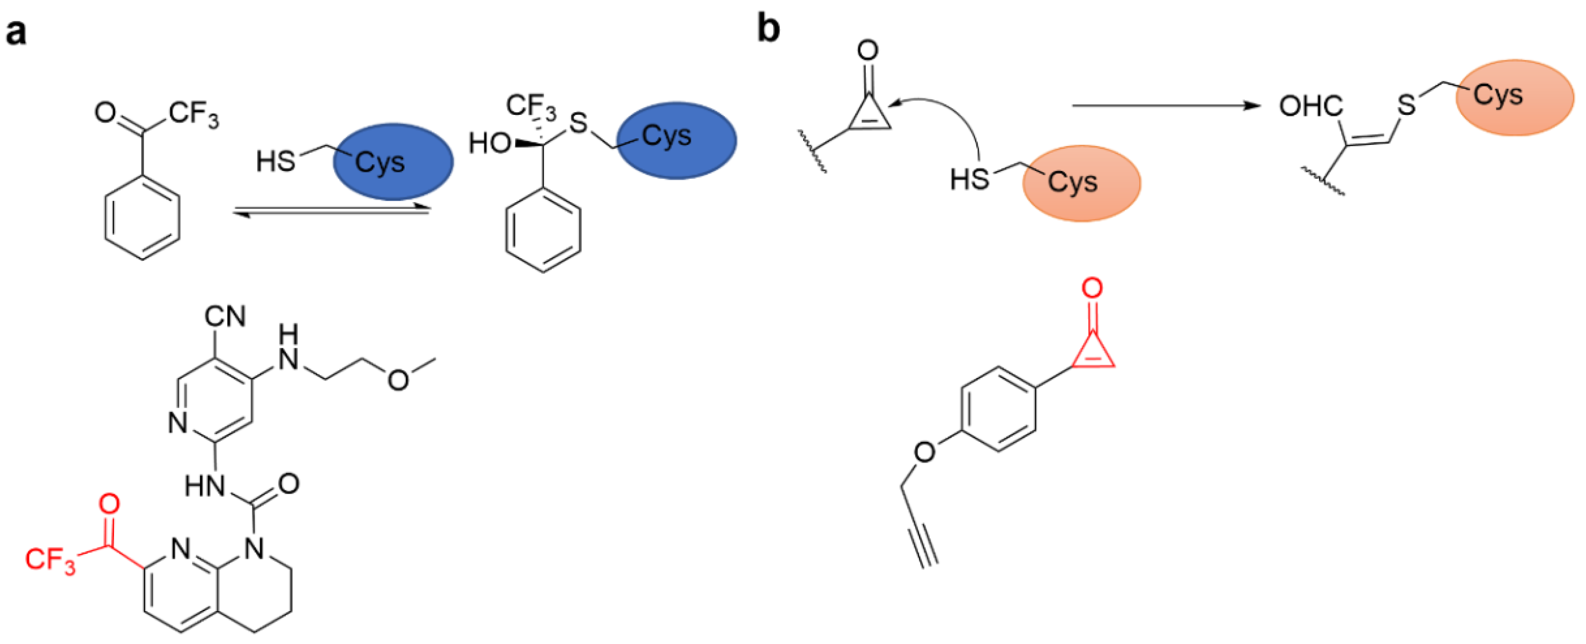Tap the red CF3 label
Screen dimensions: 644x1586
tap(49, 560)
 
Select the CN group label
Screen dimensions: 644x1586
tap(225, 316)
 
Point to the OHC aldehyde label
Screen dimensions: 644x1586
tap(1311, 106)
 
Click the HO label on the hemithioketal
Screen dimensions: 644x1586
tap(490, 144)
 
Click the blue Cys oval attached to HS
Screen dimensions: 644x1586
tap(393, 161)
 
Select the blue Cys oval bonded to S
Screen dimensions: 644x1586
tap(676, 140)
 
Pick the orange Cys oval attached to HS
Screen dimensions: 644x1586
tap(1081, 183)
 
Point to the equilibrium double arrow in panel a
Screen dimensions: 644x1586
tap(331, 211)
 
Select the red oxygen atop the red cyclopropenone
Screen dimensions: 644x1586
tap(1092, 288)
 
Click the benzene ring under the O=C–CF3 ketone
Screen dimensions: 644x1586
tap(142, 218)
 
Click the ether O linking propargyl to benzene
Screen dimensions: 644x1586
tap(925, 452)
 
